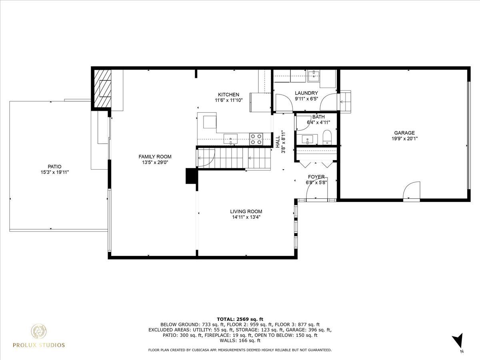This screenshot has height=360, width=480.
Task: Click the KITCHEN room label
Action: pos(228,95)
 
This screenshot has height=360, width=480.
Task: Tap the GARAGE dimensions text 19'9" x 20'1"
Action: pos(404,138)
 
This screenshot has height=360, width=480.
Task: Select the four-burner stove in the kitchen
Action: pos(256,139)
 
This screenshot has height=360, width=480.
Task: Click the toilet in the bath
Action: pos(327,137)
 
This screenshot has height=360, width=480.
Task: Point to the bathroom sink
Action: pos(307,140)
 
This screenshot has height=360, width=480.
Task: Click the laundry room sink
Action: pos(314,74)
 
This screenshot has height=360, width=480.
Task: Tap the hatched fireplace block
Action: pos(102,89)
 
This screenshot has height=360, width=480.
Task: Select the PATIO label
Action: pos(54,166)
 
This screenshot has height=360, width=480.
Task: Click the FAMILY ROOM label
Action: pos(155,156)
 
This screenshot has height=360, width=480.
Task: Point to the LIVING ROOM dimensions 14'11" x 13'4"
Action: pos(246,217)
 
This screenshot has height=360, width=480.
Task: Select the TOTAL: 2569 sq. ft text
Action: pos(240,319)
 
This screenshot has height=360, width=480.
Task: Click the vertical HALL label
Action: pos(278,142)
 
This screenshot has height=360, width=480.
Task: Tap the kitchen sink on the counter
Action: pos(230,139)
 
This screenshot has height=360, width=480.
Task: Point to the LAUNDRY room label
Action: pos(306,93)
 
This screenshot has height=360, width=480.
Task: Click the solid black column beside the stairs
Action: pos(192,176)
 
